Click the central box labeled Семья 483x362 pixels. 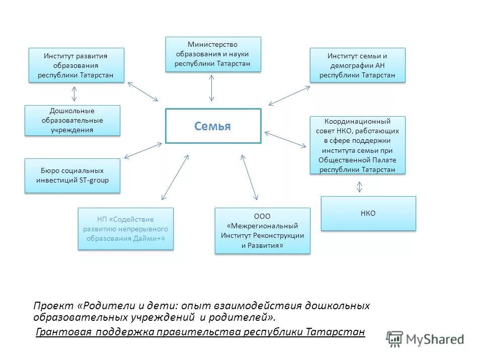tap(213, 126)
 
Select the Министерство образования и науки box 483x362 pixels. tap(213, 54)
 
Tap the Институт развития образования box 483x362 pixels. tap(76, 65)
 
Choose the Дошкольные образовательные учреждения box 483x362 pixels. tap(72, 120)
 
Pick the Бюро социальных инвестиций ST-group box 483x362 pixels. tap(72, 175)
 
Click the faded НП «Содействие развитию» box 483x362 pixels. tap(126, 229)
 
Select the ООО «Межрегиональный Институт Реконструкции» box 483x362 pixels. tap(262, 230)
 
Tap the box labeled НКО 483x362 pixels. tap(368, 213)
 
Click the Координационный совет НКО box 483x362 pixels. tap(357, 145)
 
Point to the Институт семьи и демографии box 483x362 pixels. tap(357, 65)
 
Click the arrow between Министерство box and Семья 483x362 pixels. tap(212, 89)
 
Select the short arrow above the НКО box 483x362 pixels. tap(359, 187)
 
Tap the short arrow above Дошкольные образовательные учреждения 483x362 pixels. tap(74, 94)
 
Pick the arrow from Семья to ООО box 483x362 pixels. tap(249, 177)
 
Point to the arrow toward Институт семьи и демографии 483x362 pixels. tap(289, 96)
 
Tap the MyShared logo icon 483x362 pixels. tap(395, 339)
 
